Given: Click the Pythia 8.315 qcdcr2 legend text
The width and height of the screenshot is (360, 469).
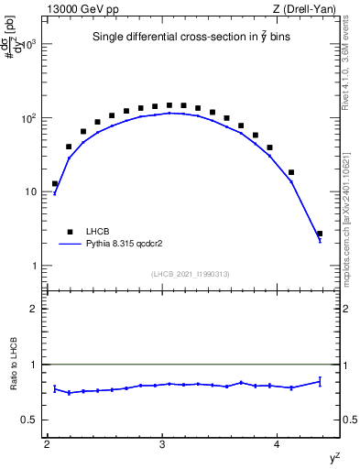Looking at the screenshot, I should click(129, 245).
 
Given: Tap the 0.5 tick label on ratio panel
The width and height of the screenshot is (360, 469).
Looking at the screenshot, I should click(29, 420).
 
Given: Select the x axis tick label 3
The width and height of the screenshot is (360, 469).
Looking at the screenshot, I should click(162, 444).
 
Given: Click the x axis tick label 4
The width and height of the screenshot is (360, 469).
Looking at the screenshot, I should click(278, 444).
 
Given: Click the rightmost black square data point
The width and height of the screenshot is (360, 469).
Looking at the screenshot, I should click(319, 234).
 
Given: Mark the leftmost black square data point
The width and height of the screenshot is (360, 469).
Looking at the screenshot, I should click(55, 183).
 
